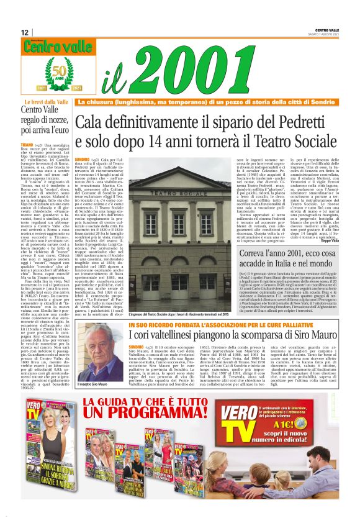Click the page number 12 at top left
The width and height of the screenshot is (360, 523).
[x=24, y=32]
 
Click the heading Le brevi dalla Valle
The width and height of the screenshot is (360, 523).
[x=45, y=101]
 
